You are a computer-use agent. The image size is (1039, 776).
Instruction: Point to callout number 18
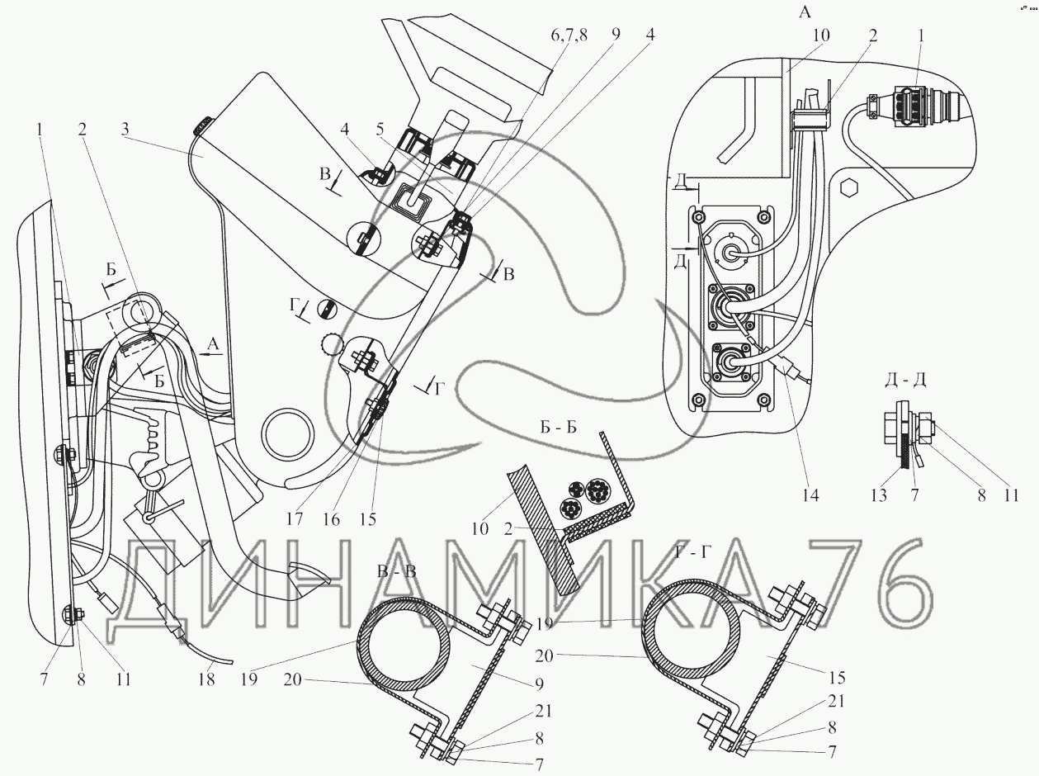click(206, 679)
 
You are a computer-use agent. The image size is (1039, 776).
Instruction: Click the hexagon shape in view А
click(848, 188)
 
